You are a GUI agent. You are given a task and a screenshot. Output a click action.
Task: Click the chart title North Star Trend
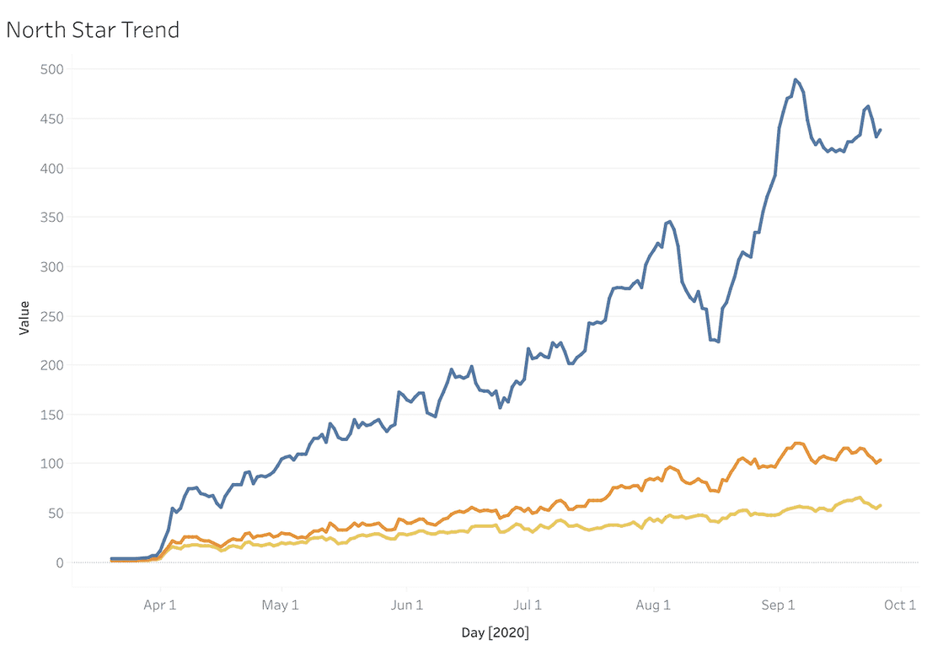[x=93, y=30]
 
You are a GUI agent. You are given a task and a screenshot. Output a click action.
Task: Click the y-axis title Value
[x=24, y=317]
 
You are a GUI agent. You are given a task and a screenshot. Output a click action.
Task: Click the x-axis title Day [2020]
[x=496, y=632]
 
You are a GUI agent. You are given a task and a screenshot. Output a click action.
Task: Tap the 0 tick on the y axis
[x=60, y=562]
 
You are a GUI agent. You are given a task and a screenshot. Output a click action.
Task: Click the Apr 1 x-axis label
[x=160, y=605]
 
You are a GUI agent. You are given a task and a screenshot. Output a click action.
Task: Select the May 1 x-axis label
[x=281, y=605]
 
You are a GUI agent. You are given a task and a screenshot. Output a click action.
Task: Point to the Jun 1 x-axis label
[x=406, y=605]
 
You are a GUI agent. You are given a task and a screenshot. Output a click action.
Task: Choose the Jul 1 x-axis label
[x=528, y=605]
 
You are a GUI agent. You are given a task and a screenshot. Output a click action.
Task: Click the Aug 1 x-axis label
[x=653, y=605]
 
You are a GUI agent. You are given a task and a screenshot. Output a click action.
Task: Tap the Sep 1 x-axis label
[x=779, y=605]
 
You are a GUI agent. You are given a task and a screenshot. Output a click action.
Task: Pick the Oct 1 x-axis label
[x=900, y=605]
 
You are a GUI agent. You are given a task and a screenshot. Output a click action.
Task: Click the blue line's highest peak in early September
[x=796, y=79]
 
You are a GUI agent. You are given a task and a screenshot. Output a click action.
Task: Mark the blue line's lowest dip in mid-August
[x=718, y=342]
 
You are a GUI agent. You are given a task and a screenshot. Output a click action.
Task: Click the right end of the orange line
[x=881, y=460]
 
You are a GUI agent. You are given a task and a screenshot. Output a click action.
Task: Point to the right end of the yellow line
[x=881, y=505]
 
